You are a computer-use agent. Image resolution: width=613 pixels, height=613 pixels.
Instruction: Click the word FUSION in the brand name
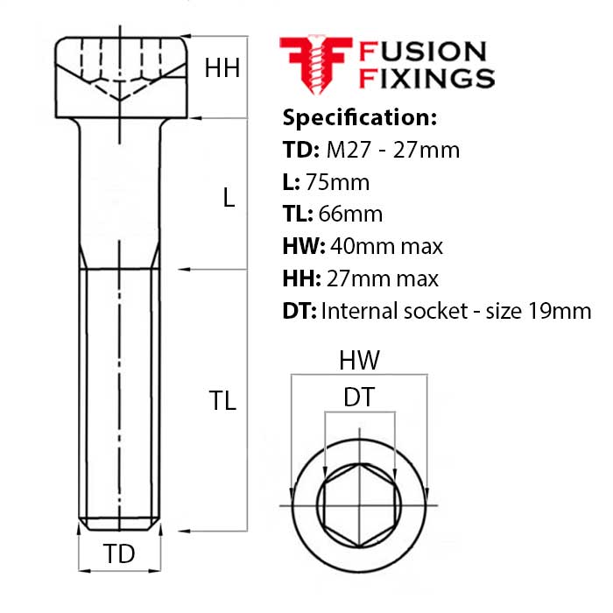click(422, 51)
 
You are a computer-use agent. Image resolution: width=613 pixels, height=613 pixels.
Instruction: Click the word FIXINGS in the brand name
click(427, 79)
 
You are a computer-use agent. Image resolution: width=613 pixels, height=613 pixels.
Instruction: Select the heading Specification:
click(359, 117)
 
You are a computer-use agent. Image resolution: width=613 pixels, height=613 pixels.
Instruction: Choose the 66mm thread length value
click(350, 215)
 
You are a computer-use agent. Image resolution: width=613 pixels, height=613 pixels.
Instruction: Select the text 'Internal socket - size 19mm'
click(456, 311)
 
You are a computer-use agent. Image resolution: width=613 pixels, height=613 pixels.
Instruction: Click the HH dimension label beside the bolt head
click(222, 68)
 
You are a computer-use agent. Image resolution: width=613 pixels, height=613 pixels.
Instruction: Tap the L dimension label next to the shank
click(229, 198)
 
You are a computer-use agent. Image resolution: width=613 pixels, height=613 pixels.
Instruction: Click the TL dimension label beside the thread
click(222, 400)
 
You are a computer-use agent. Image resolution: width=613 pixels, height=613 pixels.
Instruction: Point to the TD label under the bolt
click(120, 554)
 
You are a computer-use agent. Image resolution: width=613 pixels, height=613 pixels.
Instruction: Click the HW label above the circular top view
click(359, 360)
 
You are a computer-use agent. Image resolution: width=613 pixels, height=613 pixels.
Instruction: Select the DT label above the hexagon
click(359, 398)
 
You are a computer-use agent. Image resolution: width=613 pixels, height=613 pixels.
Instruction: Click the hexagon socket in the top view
click(359, 506)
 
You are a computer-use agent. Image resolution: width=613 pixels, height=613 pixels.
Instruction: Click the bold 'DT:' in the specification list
click(299, 311)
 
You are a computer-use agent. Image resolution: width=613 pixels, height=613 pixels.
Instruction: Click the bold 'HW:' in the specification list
click(303, 247)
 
